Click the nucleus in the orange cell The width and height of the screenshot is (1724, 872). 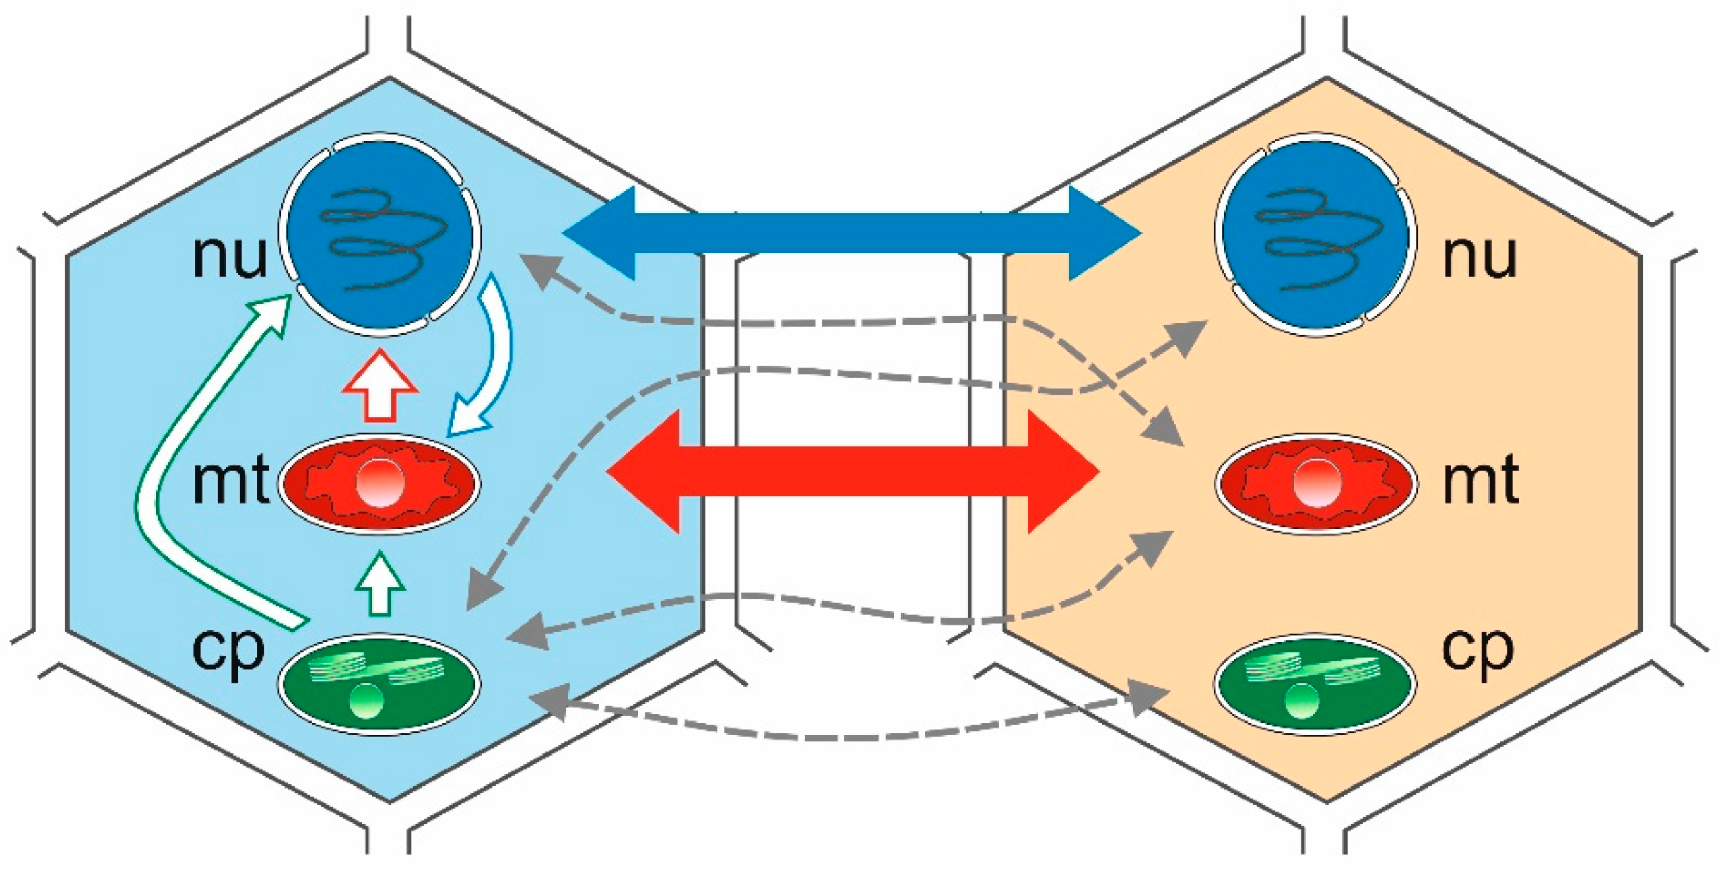(1314, 234)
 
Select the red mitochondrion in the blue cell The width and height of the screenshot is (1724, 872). (380, 483)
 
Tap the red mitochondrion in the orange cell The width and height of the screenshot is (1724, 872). (1316, 483)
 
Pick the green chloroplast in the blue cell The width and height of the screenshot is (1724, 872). (380, 685)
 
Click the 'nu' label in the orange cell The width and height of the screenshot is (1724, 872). (1479, 256)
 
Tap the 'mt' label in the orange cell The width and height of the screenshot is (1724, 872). (1480, 481)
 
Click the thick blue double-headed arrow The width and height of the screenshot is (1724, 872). (852, 234)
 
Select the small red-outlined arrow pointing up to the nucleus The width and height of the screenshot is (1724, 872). (380, 386)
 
